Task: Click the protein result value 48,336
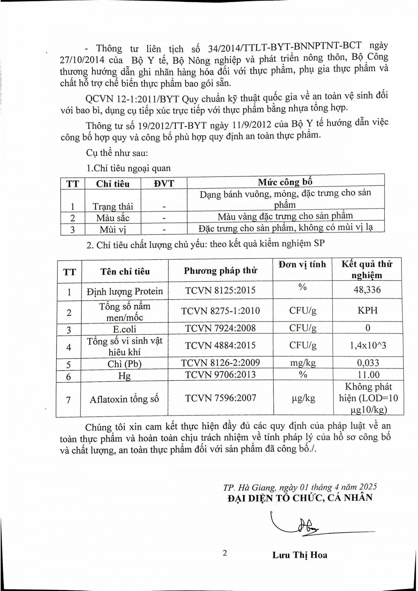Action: [x=367, y=290]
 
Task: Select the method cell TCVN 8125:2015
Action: [x=220, y=290]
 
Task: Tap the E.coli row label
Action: [x=124, y=329]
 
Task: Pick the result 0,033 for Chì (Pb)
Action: [x=368, y=363]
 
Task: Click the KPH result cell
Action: [x=367, y=311]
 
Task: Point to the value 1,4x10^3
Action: [x=368, y=345]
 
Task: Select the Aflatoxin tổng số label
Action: [x=124, y=399]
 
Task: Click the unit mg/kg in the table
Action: [x=303, y=363]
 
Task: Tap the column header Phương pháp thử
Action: [x=220, y=271]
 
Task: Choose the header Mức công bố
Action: [x=285, y=182]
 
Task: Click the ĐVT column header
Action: [x=164, y=184]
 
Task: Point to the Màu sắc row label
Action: [x=113, y=218]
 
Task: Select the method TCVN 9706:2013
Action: [x=220, y=374]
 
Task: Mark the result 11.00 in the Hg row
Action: [x=368, y=375]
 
